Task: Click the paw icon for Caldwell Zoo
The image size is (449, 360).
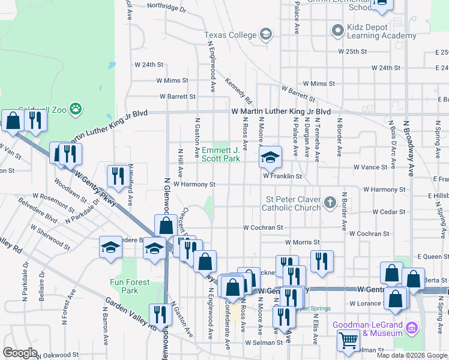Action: click(x=76, y=109)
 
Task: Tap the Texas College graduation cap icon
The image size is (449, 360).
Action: click(x=265, y=35)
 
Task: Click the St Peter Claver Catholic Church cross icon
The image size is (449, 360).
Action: click(x=330, y=203)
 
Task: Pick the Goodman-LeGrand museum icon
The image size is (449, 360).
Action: click(x=412, y=328)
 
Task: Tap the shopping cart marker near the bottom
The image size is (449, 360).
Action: click(x=348, y=341)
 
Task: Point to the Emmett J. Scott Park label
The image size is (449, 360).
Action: click(x=220, y=154)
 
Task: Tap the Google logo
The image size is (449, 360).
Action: click(x=20, y=353)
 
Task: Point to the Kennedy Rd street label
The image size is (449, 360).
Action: click(x=238, y=89)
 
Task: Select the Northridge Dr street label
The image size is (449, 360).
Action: click(x=166, y=7)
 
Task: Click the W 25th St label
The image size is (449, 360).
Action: click(x=352, y=52)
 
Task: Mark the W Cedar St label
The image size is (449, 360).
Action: click(x=389, y=212)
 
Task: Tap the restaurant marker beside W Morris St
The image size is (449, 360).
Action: click(x=322, y=262)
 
